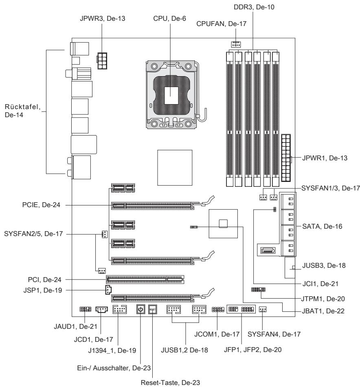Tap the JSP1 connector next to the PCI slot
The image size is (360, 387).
(x=106, y=290)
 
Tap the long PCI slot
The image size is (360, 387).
(x=145, y=279)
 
